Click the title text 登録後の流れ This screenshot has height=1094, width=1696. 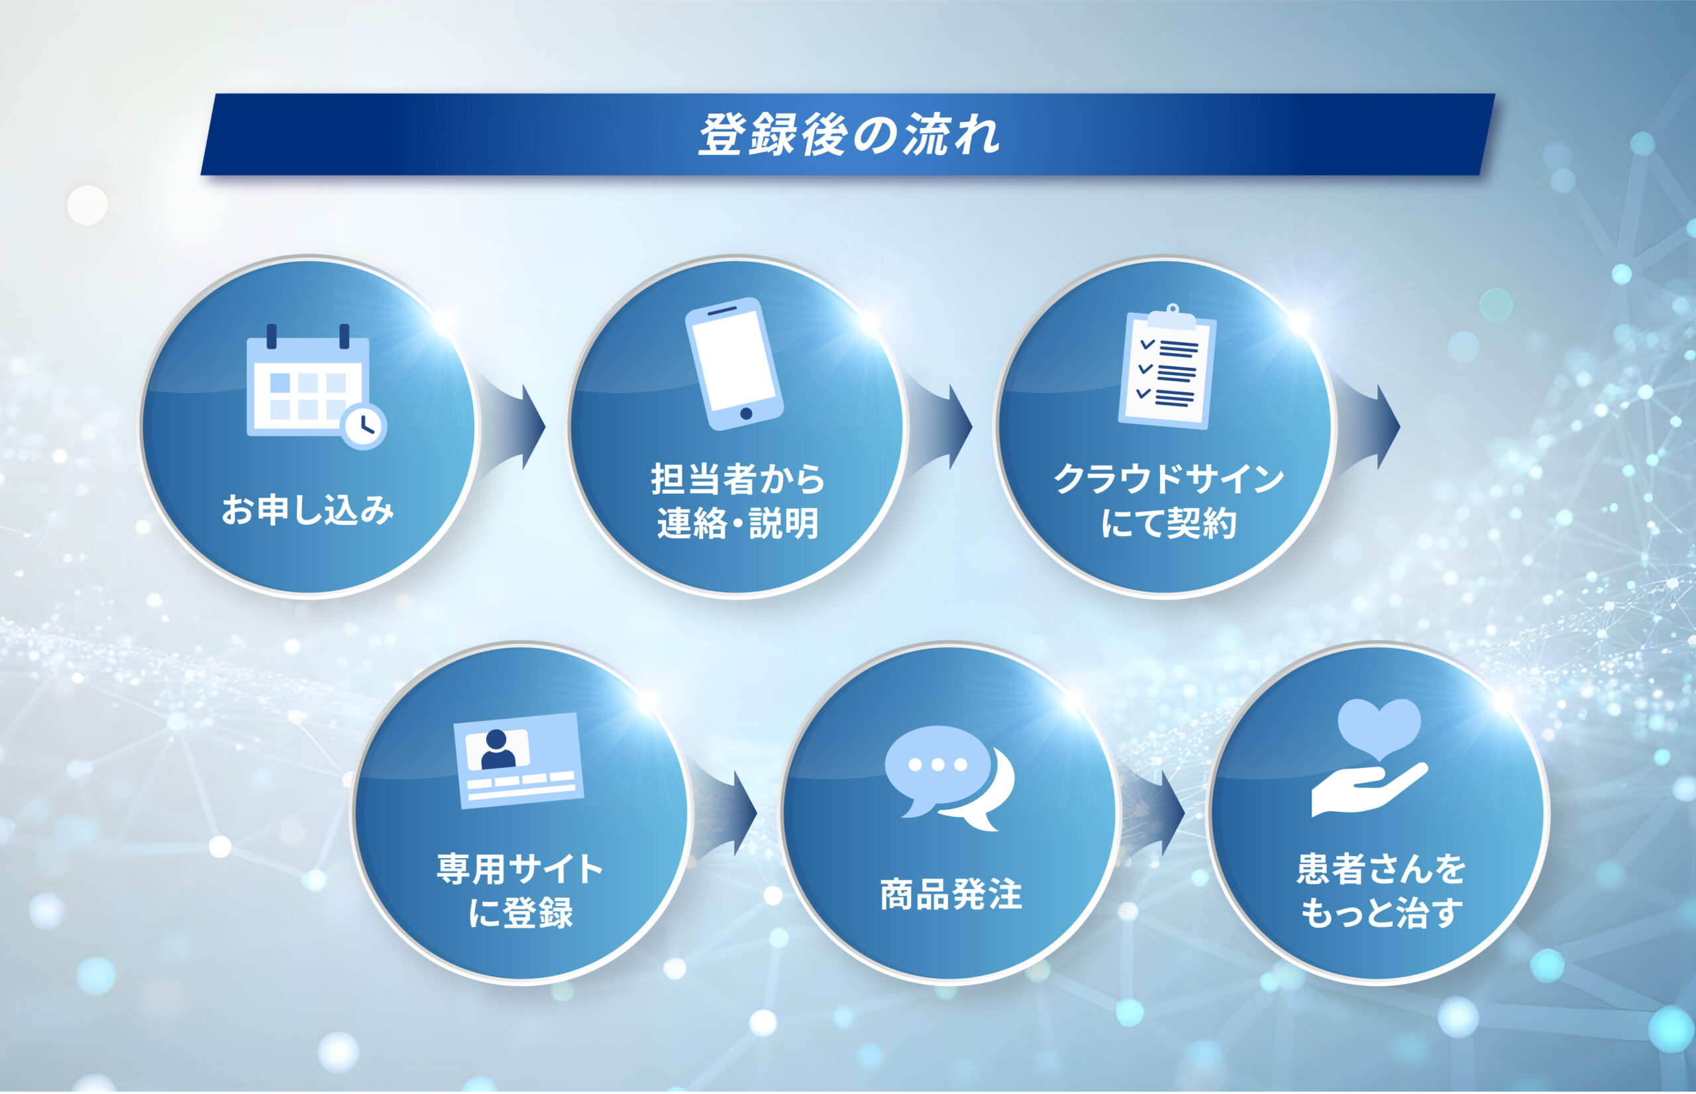pos(849,135)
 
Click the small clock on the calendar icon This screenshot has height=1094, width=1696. pos(364,426)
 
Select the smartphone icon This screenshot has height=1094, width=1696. pos(733,364)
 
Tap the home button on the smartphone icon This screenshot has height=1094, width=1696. pos(746,413)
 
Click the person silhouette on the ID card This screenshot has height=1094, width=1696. pos(498,749)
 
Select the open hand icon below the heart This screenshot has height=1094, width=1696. pos(1369,790)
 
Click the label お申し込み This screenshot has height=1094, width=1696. pos(307,510)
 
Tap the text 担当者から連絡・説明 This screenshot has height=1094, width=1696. pos(738,502)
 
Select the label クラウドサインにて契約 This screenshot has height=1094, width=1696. pos(1168,502)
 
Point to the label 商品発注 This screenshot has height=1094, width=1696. pos(951,895)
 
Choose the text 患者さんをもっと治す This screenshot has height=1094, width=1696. pos(1381,891)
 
